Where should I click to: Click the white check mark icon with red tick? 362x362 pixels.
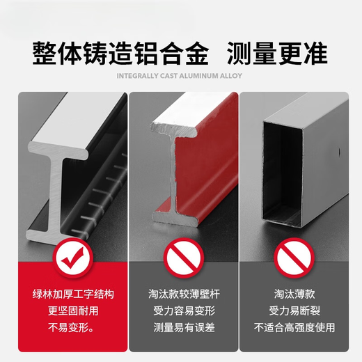tap(73, 258)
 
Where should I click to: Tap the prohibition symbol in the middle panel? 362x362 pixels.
tap(184, 258)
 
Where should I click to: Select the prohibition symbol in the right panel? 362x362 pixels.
tap(294, 258)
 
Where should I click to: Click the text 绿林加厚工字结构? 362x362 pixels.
tap(73, 294)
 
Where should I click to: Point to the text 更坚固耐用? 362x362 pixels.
tap(73, 311)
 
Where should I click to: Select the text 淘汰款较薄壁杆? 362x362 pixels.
tap(184, 294)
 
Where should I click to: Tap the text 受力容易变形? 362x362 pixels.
tap(184, 311)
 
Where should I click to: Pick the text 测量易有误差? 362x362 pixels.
tap(184, 328)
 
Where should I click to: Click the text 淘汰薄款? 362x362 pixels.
tap(294, 294)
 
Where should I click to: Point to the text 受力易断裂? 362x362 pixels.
tap(294, 311)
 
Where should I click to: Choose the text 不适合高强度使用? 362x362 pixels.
tap(294, 328)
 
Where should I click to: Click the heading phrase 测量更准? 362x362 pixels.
tap(277, 54)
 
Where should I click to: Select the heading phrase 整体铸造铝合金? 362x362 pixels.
tap(120, 54)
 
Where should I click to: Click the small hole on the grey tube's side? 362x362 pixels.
tap(339, 152)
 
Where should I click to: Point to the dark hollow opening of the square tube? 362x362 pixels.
tap(282, 174)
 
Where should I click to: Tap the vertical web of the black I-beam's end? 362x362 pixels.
tap(55, 195)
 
